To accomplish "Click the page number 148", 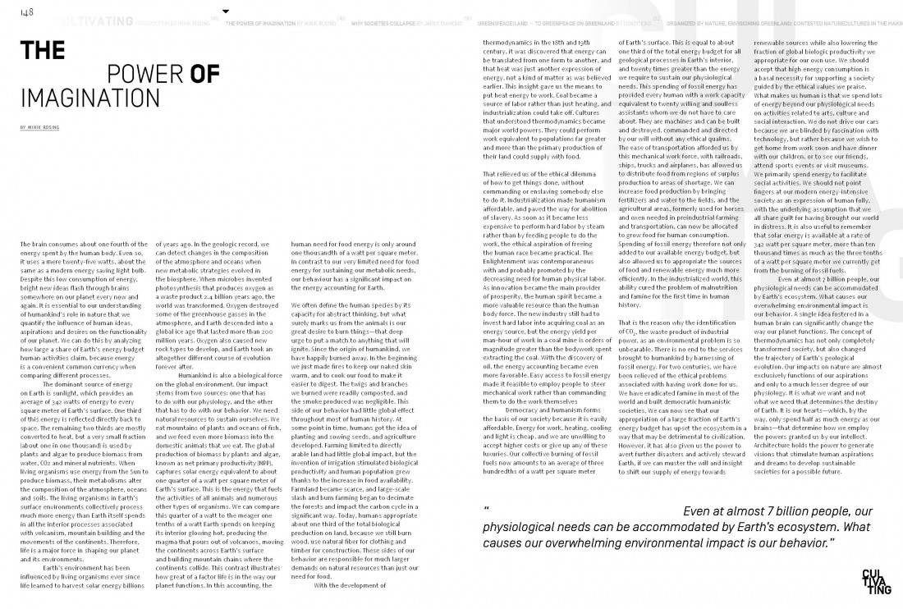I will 27,11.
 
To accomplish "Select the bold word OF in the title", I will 204,75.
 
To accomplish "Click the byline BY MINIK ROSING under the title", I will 42,128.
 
